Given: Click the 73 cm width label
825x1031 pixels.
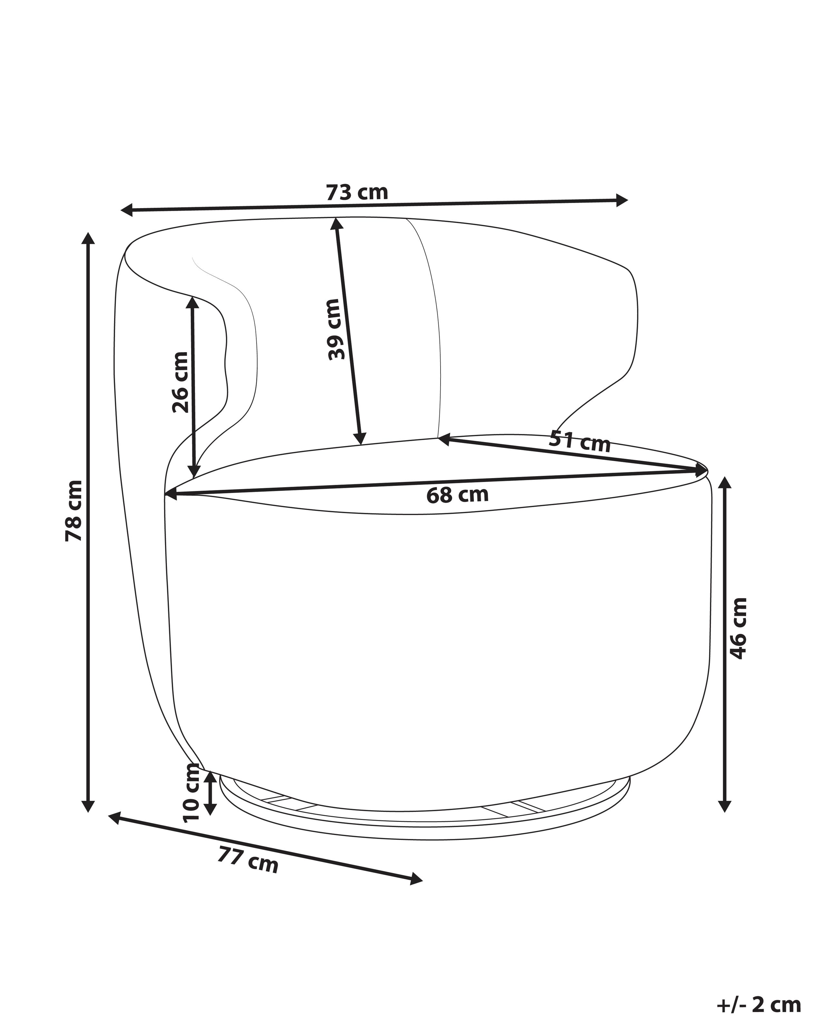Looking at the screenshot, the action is pyautogui.click(x=357, y=192).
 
